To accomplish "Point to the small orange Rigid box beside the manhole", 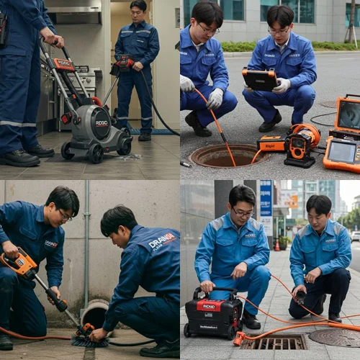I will tap(272, 144).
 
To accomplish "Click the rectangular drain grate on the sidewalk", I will tap(273, 341).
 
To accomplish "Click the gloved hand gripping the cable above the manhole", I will tap(215, 99).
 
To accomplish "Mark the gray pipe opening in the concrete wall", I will tap(94, 315).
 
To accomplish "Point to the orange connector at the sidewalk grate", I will tap(240, 338).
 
